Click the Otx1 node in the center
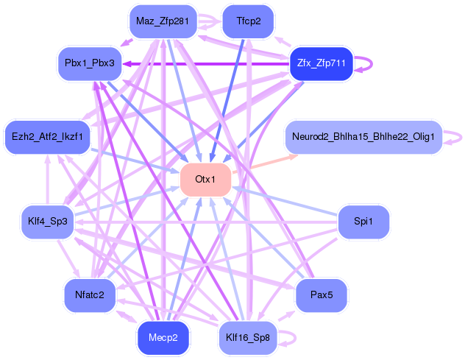coord(206,180)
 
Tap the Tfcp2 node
coord(248,21)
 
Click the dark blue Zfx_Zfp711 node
coord(322,64)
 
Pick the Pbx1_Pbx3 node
coord(89,64)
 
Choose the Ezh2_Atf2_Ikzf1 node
coord(47,136)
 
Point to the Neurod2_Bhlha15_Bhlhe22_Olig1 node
coord(363,137)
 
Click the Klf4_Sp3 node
coord(47,222)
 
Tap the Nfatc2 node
coord(90,295)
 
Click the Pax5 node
coord(322,295)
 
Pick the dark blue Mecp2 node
coord(163,338)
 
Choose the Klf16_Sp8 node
coord(248,338)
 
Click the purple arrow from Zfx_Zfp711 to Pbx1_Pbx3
coord(206,64)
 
